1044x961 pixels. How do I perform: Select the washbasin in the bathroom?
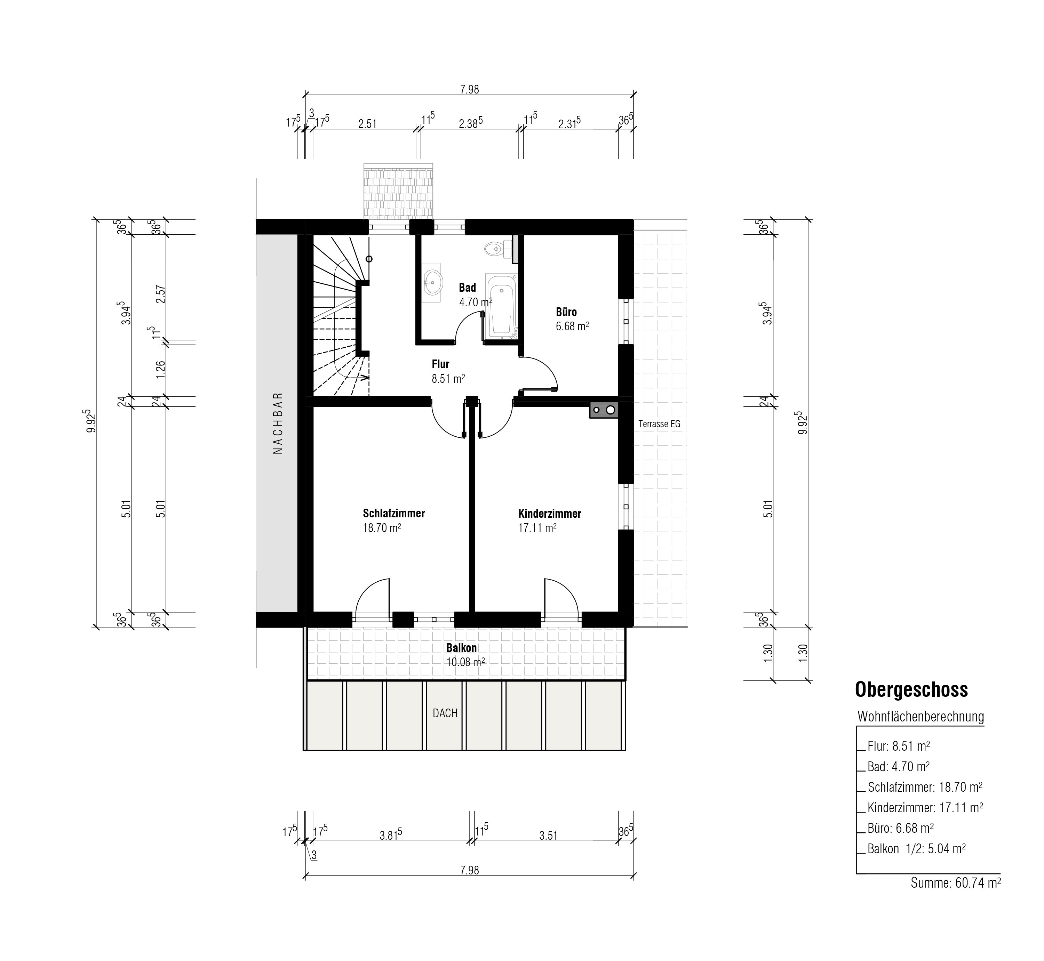pyautogui.click(x=432, y=283)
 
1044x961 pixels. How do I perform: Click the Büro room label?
pyautogui.click(x=566, y=312)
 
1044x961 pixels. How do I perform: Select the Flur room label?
pyautogui.click(x=440, y=364)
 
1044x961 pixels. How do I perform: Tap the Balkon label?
pyautogui.click(x=461, y=648)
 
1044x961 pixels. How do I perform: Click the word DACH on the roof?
pyautogui.click(x=445, y=713)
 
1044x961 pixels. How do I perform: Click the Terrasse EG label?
pyautogui.click(x=659, y=424)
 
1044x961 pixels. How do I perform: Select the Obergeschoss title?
pyautogui.click(x=911, y=689)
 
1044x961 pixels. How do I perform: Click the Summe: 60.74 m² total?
pyautogui.click(x=956, y=882)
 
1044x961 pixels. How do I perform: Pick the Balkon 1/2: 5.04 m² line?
pyautogui.click(x=917, y=849)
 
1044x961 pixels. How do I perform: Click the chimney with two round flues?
pyautogui.click(x=604, y=410)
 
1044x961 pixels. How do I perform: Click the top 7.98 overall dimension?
pyautogui.click(x=469, y=89)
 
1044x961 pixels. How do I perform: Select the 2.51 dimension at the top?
pyautogui.click(x=367, y=124)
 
